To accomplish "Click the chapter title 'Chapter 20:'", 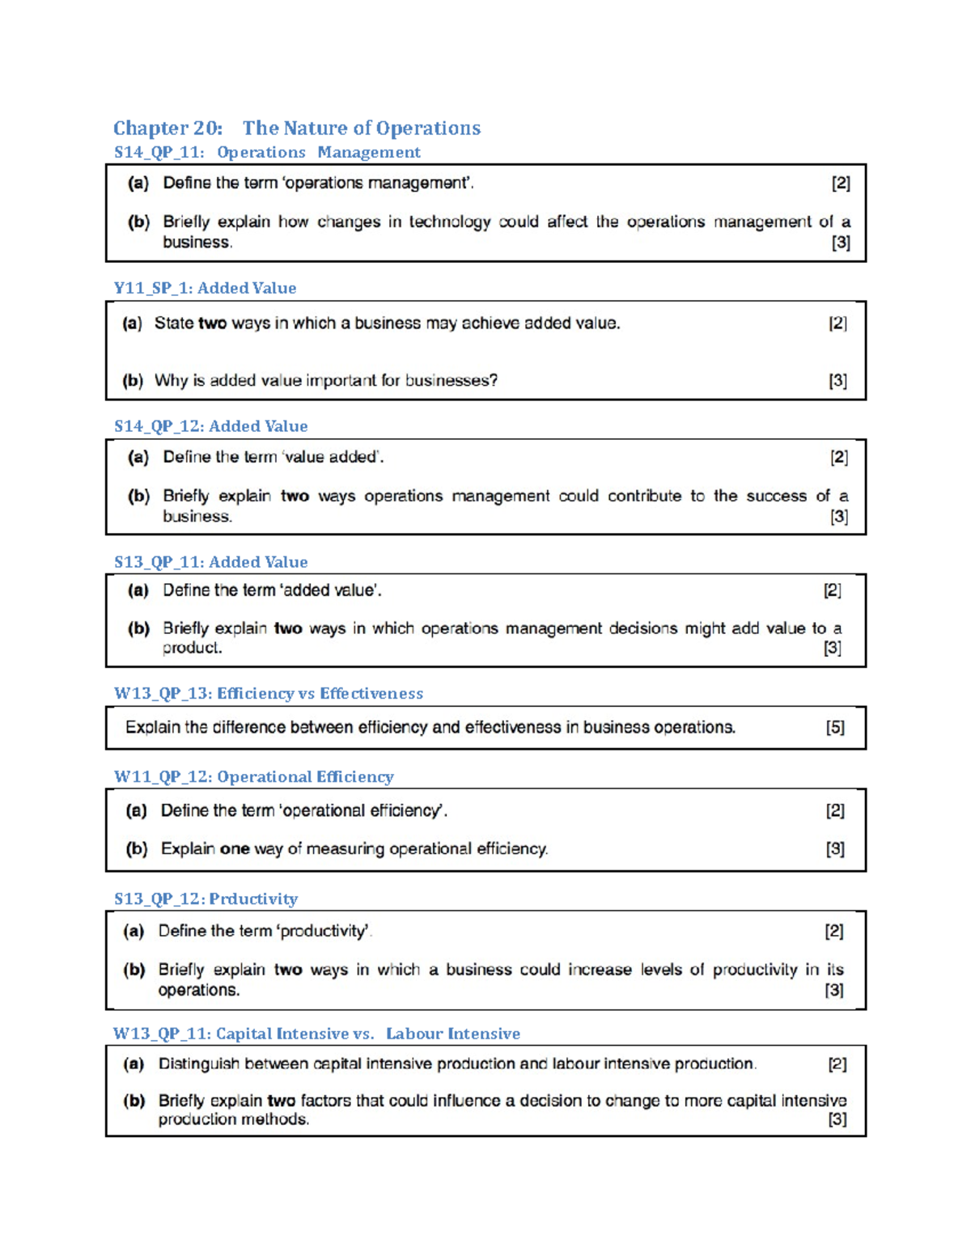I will click(167, 128).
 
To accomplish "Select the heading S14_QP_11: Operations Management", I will click(267, 152).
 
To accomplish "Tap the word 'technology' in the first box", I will click(449, 222).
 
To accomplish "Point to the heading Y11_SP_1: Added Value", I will click(205, 288).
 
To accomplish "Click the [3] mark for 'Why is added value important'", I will click(837, 380).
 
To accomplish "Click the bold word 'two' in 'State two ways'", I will click(212, 324).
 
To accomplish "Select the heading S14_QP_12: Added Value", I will click(210, 426).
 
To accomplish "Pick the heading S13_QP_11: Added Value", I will click(210, 562).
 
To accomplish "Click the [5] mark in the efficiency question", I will click(835, 727).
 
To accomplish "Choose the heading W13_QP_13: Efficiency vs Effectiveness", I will click(268, 693).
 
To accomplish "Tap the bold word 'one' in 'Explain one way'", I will click(235, 848).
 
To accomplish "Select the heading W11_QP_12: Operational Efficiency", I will click(253, 776).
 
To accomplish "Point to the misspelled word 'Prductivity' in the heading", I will click(253, 899).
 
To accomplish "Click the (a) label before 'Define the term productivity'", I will click(134, 931).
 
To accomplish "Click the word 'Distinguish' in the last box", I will click(198, 1064).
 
